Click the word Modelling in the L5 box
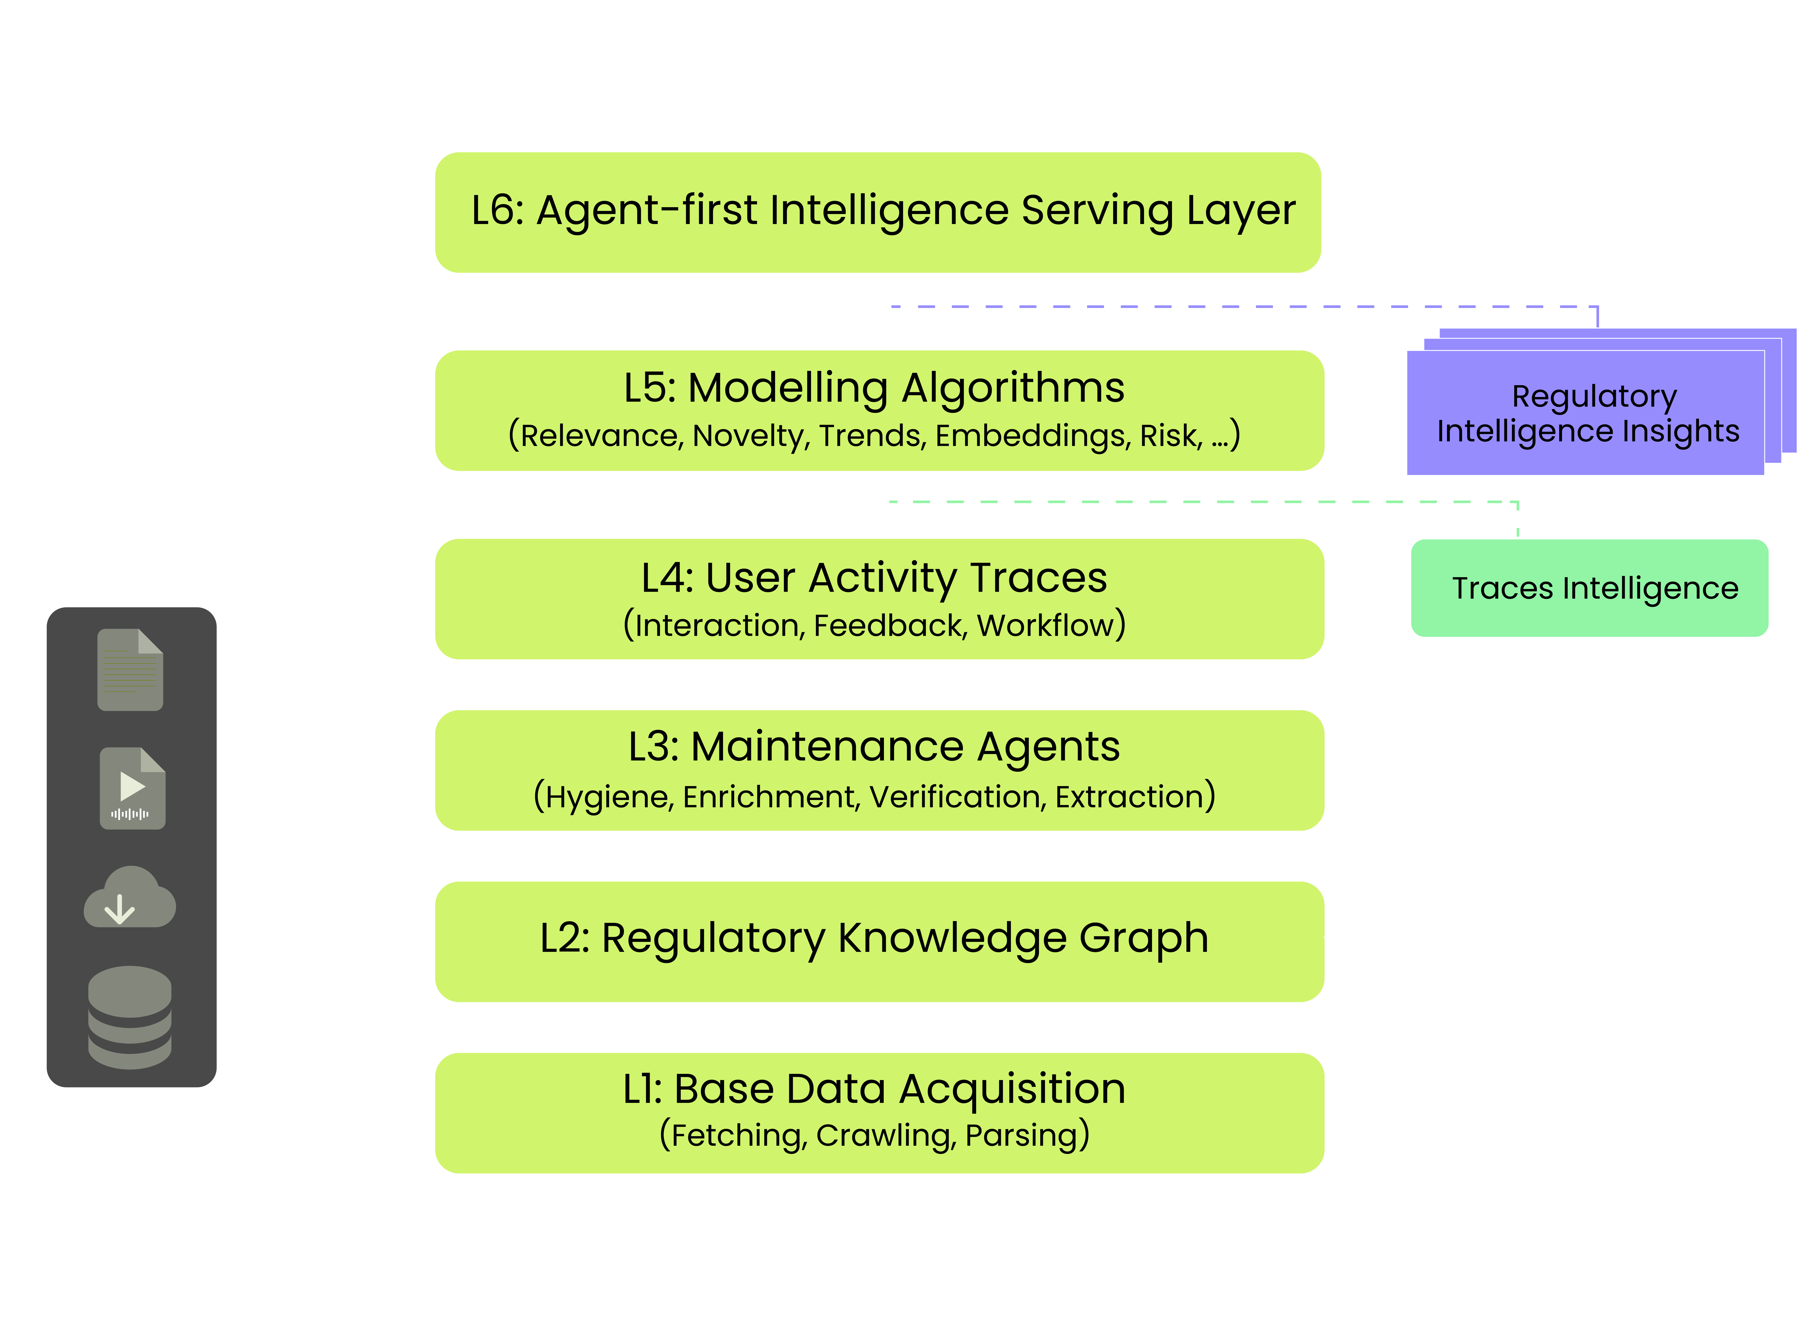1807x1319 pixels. pyautogui.click(x=787, y=389)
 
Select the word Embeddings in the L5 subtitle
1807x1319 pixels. pyautogui.click(x=1032, y=436)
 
